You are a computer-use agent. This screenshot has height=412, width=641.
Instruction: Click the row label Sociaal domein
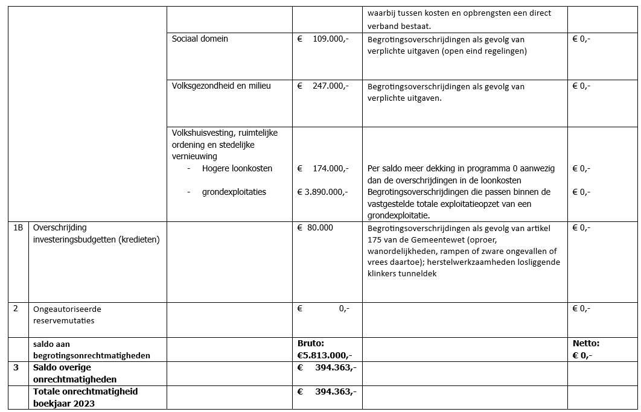point(200,39)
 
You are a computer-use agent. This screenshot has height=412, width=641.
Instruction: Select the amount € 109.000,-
point(323,39)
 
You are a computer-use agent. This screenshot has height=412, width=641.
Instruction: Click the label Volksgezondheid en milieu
point(221,86)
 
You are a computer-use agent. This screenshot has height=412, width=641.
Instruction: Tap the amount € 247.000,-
point(323,86)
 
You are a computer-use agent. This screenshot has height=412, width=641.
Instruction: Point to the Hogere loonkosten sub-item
point(237,168)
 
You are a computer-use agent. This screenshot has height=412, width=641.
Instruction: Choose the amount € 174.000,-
point(323,168)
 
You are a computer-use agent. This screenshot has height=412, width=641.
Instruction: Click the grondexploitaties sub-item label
point(234,192)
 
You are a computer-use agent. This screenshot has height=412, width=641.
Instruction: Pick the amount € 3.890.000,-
point(323,192)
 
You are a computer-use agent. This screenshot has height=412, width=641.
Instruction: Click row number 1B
point(18,228)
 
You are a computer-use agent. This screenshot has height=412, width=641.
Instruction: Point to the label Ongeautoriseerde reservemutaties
point(67,314)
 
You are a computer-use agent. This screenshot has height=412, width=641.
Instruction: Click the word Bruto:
point(311,343)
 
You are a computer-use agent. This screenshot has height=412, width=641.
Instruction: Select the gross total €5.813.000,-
point(325,355)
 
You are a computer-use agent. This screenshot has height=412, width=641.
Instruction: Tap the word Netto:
point(586,343)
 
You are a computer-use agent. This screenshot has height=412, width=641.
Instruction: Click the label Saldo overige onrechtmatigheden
point(75,373)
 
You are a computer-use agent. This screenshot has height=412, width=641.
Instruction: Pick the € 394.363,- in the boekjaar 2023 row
point(327,391)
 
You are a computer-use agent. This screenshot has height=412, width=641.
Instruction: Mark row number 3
point(16,367)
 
